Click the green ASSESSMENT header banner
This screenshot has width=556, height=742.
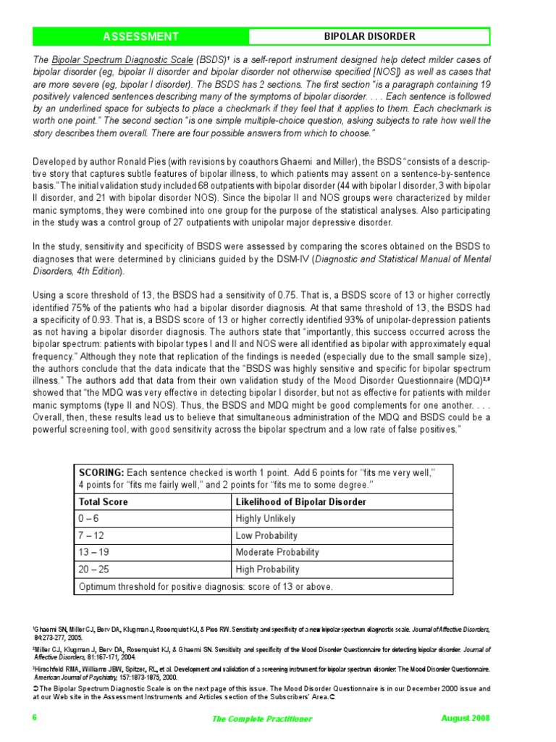[140, 36]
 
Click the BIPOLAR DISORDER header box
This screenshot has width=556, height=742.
[369, 36]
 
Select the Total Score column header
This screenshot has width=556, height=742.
[104, 501]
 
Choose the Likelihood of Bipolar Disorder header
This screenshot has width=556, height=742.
[300, 501]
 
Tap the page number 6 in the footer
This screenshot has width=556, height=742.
[34, 717]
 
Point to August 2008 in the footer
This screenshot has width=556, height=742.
[466, 717]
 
